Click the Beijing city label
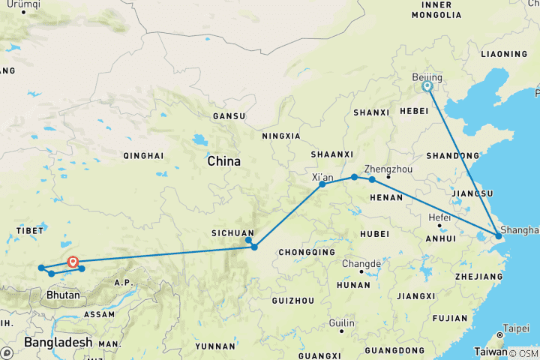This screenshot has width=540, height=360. point(427,77)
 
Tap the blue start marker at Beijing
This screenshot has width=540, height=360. point(427,86)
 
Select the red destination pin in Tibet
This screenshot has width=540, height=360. point(73,262)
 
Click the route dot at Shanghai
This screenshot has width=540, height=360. point(498,237)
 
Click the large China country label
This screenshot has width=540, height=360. point(223,161)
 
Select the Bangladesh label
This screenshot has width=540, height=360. point(57,342)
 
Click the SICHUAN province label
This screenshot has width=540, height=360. point(232,233)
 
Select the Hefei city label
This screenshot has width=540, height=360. point(439,217)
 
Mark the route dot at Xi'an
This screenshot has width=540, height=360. point(322,184)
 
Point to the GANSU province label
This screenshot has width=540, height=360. point(229,116)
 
